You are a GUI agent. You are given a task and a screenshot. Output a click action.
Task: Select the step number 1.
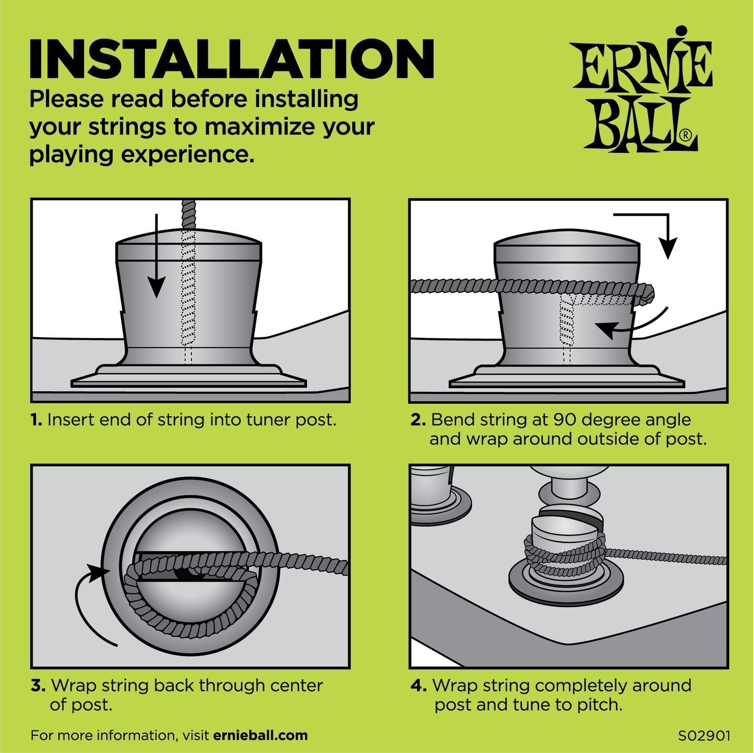36,420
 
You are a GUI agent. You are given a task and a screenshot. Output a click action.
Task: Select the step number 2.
418,420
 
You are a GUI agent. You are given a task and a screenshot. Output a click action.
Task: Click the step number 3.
38,686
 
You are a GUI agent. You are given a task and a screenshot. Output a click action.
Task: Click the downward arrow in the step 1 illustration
156,261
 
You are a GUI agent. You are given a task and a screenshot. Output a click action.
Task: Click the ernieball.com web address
260,736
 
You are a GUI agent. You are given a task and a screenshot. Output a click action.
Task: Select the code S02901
704,736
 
